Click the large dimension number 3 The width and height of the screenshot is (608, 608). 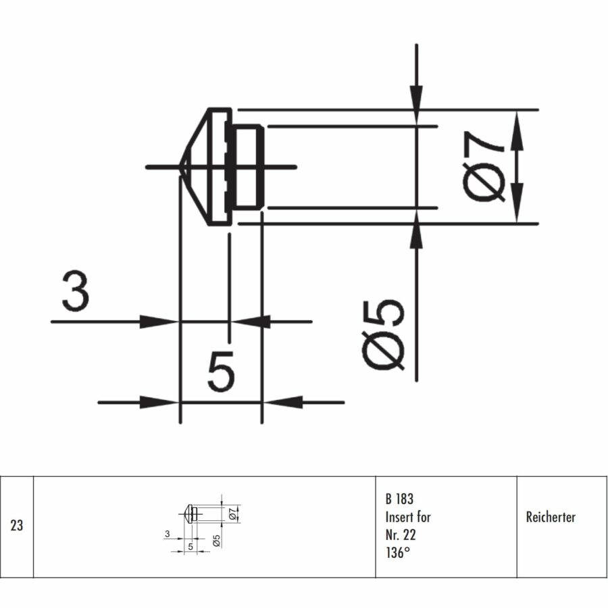[x=75, y=291]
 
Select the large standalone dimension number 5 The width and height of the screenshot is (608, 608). [x=221, y=371]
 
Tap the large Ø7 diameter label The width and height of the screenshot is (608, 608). [x=486, y=166]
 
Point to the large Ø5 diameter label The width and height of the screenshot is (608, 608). [x=386, y=334]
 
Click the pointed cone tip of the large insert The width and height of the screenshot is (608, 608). [x=181, y=166]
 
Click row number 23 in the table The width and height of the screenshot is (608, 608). [x=17, y=526]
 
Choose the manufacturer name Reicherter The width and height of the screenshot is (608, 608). [x=550, y=517]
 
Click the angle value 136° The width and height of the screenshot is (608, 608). [x=398, y=553]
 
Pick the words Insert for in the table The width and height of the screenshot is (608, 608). [x=408, y=517]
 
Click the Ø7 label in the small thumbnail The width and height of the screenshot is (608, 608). [x=233, y=514]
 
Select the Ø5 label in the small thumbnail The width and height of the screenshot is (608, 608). [x=216, y=540]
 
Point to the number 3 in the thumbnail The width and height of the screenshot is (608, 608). [x=167, y=534]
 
